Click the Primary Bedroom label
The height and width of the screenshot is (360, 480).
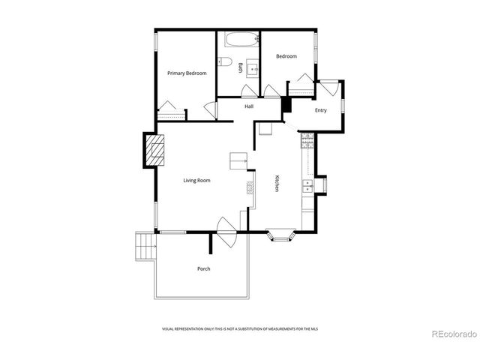(187, 73)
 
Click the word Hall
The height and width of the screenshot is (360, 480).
(249, 106)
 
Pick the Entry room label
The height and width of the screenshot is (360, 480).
(320, 110)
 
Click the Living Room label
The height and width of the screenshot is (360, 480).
(197, 180)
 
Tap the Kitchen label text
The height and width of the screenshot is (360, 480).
(277, 184)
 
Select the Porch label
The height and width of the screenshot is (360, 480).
(203, 268)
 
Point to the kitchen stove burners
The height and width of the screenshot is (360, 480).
(307, 140)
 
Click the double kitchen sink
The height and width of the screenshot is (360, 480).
(307, 185)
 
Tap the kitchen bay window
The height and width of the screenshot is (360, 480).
(282, 236)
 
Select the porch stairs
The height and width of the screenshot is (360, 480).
(143, 246)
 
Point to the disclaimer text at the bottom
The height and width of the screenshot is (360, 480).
(239, 329)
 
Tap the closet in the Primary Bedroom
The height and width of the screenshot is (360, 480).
(172, 112)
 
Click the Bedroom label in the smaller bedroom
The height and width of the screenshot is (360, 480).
(286, 56)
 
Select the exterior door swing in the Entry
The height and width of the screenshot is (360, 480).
(330, 88)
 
